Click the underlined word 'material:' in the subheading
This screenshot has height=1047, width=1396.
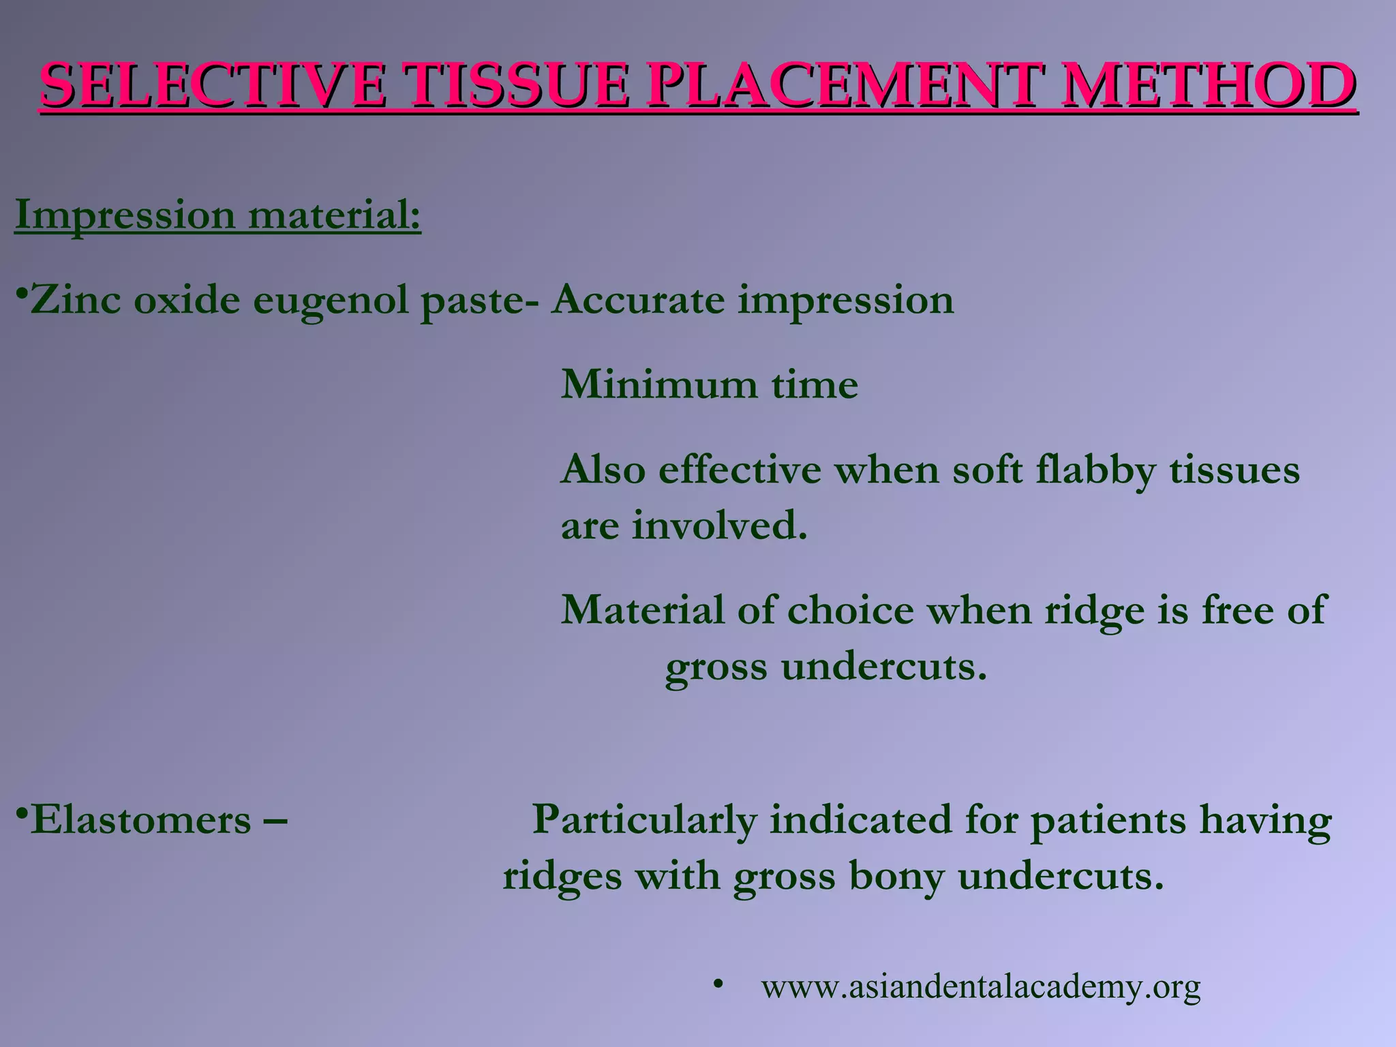[335, 215]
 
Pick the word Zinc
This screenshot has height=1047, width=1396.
[75, 300]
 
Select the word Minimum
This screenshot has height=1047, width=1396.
[658, 385]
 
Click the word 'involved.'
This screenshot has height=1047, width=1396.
[719, 526]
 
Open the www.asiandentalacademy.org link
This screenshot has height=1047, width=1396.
[981, 987]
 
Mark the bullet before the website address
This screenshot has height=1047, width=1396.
[717, 984]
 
